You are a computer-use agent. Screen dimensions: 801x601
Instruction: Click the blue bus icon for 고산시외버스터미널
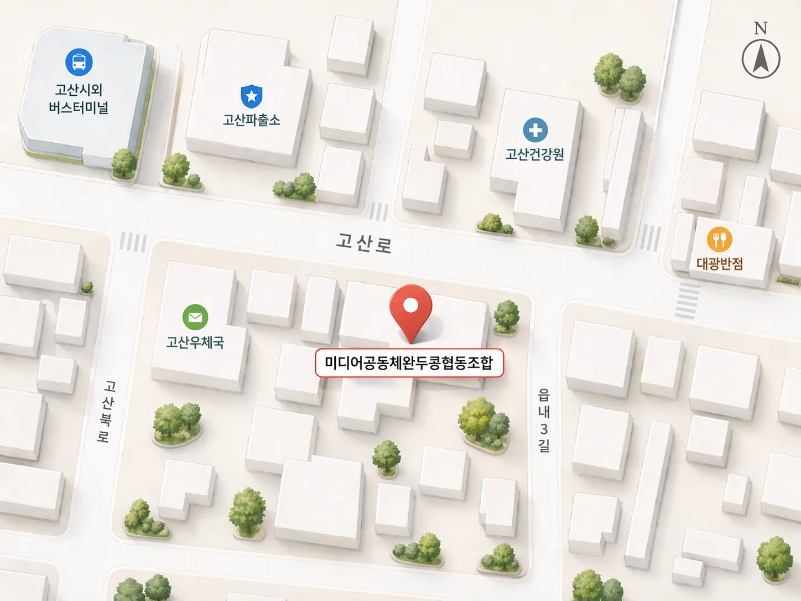click(x=79, y=62)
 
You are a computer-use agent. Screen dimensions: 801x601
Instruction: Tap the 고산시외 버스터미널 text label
click(x=79, y=99)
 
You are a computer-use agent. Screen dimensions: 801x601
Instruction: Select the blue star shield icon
click(x=252, y=96)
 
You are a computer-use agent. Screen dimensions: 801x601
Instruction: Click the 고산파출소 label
click(x=252, y=120)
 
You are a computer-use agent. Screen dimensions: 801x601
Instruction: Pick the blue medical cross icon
click(x=535, y=131)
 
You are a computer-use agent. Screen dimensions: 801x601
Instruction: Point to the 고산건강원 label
click(x=535, y=154)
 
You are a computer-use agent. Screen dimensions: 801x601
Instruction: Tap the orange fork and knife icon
click(x=719, y=240)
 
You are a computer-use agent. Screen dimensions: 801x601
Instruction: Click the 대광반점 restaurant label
click(x=719, y=263)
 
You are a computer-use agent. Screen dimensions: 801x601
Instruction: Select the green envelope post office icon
click(x=195, y=317)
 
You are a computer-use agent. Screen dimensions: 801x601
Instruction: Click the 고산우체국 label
click(x=195, y=343)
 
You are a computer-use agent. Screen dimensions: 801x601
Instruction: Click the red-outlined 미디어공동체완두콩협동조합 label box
click(x=409, y=363)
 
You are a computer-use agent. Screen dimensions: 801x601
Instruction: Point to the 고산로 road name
click(x=364, y=243)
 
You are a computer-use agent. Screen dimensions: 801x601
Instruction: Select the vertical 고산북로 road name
click(x=106, y=411)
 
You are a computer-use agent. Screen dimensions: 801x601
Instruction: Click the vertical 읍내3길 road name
click(x=544, y=421)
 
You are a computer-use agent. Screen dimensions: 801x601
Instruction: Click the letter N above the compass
click(x=761, y=28)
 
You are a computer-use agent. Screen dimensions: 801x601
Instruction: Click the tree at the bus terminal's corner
click(x=124, y=164)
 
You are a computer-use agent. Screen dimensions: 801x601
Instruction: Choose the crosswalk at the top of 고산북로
click(x=133, y=242)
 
